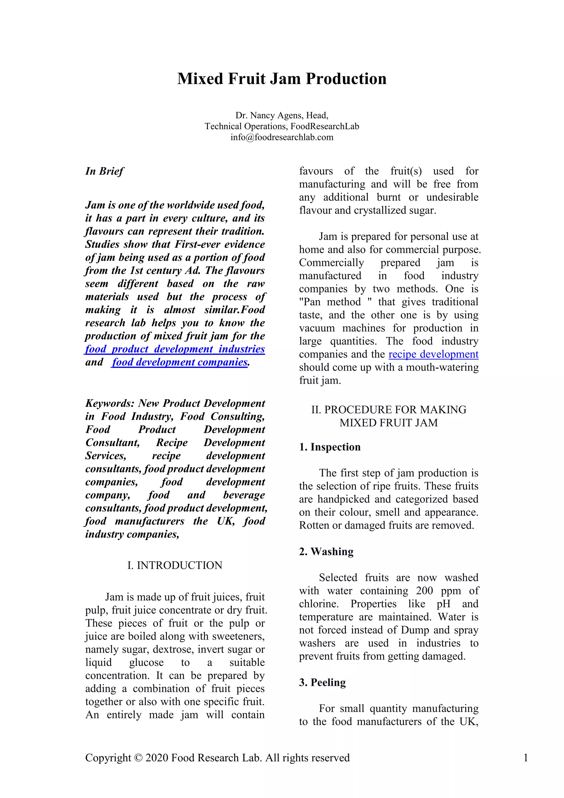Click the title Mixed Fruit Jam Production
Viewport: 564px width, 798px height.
point(282,79)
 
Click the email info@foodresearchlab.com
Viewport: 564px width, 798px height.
point(282,137)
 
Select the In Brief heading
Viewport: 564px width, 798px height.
point(104,171)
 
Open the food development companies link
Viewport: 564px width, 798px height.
point(180,362)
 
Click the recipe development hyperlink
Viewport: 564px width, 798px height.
point(433,354)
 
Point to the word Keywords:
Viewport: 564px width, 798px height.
point(110,403)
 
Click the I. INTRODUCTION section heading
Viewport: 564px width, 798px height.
point(175,565)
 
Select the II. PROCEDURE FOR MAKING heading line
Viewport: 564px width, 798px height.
point(389,410)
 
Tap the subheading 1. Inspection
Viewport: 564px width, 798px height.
point(330,447)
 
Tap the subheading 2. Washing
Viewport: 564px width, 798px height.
point(326,552)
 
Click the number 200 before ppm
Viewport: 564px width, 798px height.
point(424,591)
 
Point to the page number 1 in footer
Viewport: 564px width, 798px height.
point(525,758)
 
